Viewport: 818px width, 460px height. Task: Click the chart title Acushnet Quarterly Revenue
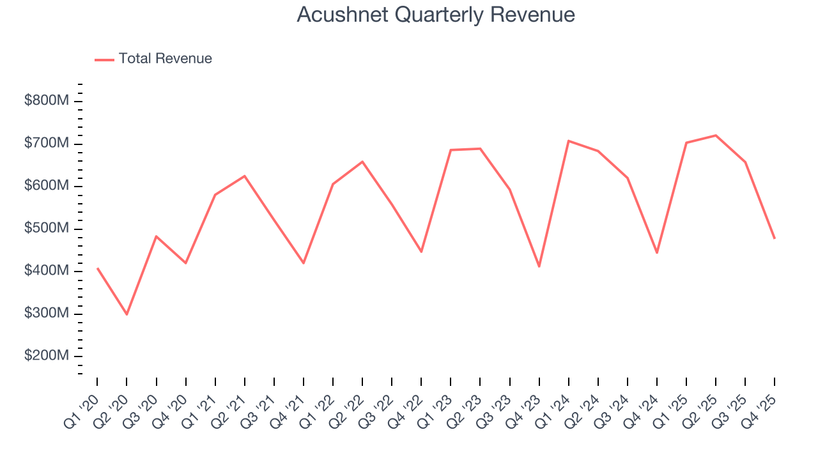click(x=436, y=15)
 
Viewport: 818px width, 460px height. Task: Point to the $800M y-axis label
click(x=45, y=101)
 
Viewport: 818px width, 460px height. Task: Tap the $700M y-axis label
click(x=45, y=144)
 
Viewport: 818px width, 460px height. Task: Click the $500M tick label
click(x=45, y=229)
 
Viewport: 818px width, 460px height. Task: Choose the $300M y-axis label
click(x=45, y=314)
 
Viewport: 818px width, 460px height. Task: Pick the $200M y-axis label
click(x=45, y=356)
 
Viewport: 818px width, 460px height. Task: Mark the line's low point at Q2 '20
click(x=127, y=314)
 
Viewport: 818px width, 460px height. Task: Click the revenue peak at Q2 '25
click(x=716, y=135)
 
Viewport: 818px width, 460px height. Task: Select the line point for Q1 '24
click(x=568, y=141)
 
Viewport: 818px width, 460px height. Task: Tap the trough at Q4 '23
click(x=539, y=266)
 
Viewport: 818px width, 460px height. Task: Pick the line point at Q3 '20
click(x=156, y=236)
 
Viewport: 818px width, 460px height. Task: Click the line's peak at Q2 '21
click(x=245, y=176)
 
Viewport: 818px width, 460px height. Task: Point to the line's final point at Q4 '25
click(x=775, y=238)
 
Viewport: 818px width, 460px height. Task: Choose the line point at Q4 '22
click(x=421, y=252)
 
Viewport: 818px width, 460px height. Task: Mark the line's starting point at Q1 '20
click(x=97, y=268)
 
